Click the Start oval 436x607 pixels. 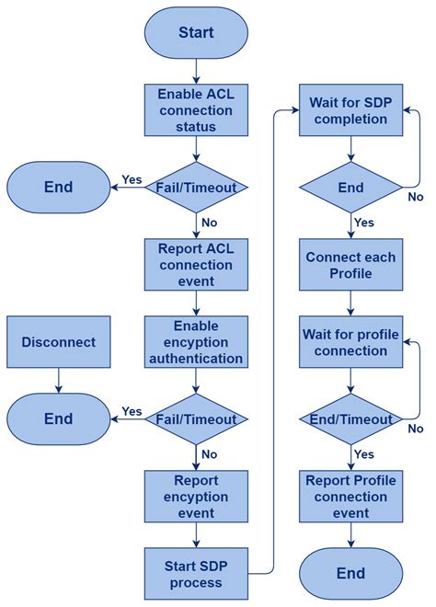pos(196,33)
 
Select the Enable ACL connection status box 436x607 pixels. pos(196,109)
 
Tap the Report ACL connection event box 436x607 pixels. pos(196,265)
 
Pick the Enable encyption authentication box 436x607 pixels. pos(196,342)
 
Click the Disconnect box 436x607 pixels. pos(58,342)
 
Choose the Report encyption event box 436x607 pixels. pos(196,497)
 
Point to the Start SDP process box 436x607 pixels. pos(196,573)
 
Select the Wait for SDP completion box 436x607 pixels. pos(350,109)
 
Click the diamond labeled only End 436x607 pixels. pos(350,188)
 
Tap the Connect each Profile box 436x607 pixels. pos(350,265)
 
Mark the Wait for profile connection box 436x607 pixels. pos(350,342)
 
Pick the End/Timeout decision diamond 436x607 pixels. pos(350,419)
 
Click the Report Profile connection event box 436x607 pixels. pos(350,497)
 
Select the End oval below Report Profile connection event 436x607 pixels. pos(350,574)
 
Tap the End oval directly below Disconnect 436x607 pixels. pos(58,419)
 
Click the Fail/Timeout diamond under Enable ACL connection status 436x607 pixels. pos(196,188)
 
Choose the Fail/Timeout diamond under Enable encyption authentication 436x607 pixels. pos(196,419)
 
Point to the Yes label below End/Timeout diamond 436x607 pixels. pos(364,454)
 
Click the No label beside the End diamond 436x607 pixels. pos(416,197)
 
